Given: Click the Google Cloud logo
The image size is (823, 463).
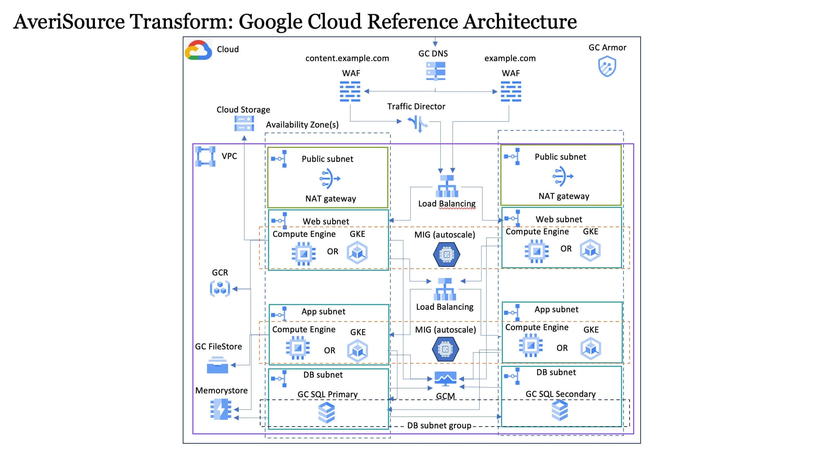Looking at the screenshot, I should (198, 50).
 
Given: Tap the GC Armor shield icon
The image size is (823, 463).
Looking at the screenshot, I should (607, 67).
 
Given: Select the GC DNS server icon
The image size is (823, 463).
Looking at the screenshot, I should (435, 71).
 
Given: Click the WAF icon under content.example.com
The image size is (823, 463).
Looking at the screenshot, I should (350, 91).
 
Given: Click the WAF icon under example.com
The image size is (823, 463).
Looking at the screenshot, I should (511, 91).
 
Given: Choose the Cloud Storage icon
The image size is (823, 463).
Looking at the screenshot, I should (244, 123).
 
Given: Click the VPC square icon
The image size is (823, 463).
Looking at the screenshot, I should (205, 156).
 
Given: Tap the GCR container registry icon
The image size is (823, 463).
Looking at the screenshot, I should (220, 289).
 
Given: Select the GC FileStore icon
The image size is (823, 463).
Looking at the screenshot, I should (217, 365).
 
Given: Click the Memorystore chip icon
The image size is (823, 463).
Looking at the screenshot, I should (221, 409).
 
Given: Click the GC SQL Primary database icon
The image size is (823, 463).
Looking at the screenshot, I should (326, 413).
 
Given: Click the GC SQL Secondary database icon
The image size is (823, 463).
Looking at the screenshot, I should (559, 410).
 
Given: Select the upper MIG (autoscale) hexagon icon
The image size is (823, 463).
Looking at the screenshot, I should (446, 254).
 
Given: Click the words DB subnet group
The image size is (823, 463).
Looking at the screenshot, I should (439, 425).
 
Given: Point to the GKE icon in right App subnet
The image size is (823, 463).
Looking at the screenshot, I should (590, 349).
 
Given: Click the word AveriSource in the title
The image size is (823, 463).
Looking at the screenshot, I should (69, 21).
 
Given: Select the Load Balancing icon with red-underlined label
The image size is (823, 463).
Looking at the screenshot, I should (447, 186).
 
